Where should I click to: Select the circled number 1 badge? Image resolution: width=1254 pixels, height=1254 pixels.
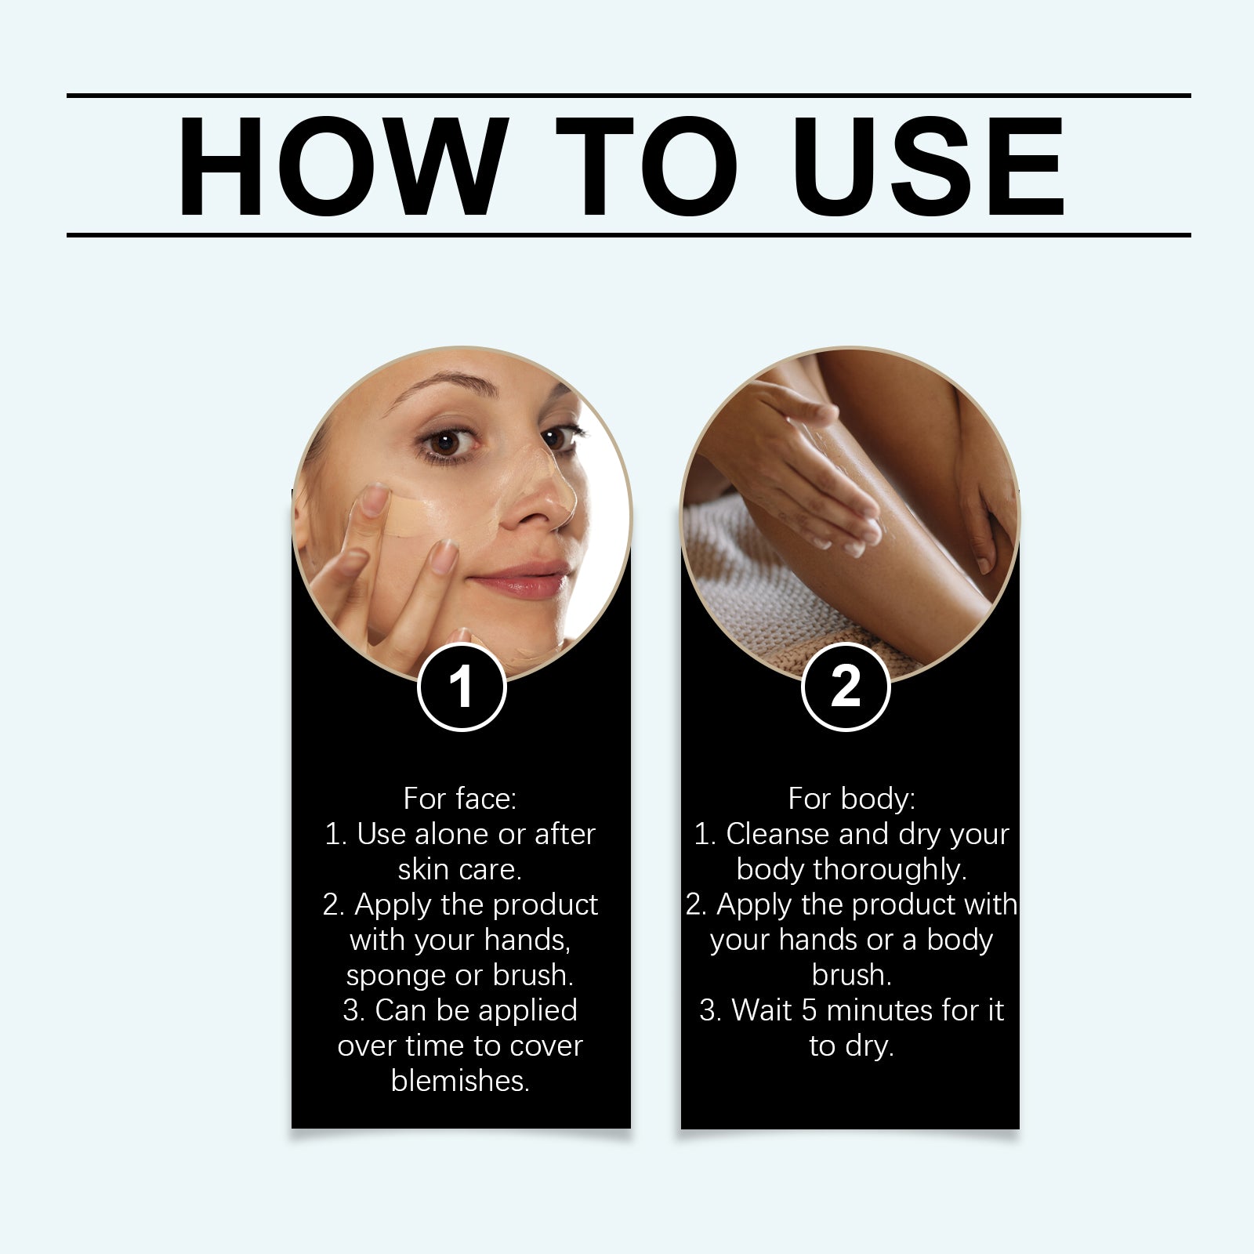coord(462,687)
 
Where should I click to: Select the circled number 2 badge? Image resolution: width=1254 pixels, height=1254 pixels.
coord(846,687)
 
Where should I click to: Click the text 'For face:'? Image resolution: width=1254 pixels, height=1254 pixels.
coord(460,799)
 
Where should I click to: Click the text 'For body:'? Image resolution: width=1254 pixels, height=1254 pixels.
coord(851,799)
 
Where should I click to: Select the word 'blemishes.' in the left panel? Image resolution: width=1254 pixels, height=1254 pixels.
coord(460,1081)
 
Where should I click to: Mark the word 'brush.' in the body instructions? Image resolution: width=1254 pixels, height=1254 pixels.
coord(851,975)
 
